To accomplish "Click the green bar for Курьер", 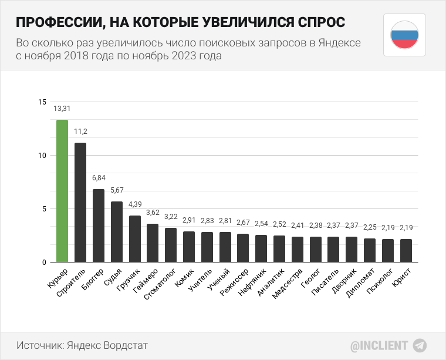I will pyautogui.click(x=62, y=191).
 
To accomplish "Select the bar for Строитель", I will pyautogui.click(x=80, y=203).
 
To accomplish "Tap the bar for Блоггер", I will pyautogui.click(x=99, y=226).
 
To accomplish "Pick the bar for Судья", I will pyautogui.click(x=117, y=232).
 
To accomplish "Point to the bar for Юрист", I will pyautogui.click(x=406, y=250).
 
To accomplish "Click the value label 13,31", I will pyautogui.click(x=62, y=109).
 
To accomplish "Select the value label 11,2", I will pyautogui.click(x=80, y=131).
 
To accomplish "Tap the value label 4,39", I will pyautogui.click(x=135, y=204).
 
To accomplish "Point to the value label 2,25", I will pyautogui.click(x=370, y=227).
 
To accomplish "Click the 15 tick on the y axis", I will pyautogui.click(x=41, y=102).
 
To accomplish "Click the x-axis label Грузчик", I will pyautogui.click(x=130, y=280).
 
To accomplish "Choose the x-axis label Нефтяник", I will pyautogui.click(x=254, y=283).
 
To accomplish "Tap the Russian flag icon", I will pyautogui.click(x=404, y=35).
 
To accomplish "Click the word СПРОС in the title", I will pyautogui.click(x=313, y=22).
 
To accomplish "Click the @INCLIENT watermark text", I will pyautogui.click(x=379, y=345).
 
